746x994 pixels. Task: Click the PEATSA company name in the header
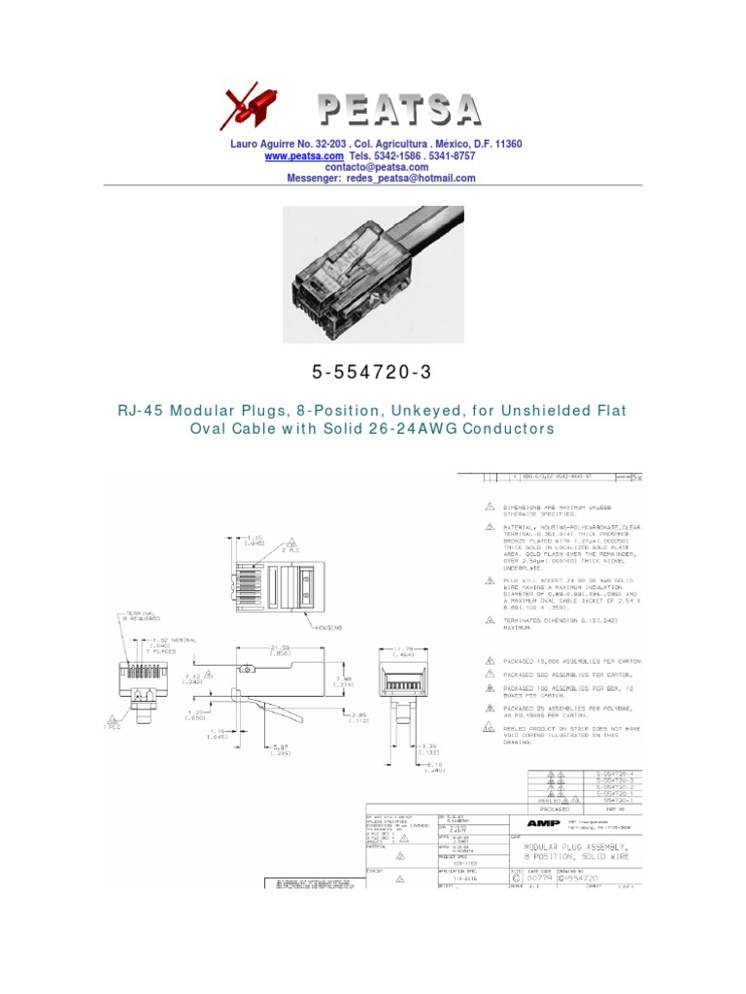399,110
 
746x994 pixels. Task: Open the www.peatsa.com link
304,155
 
